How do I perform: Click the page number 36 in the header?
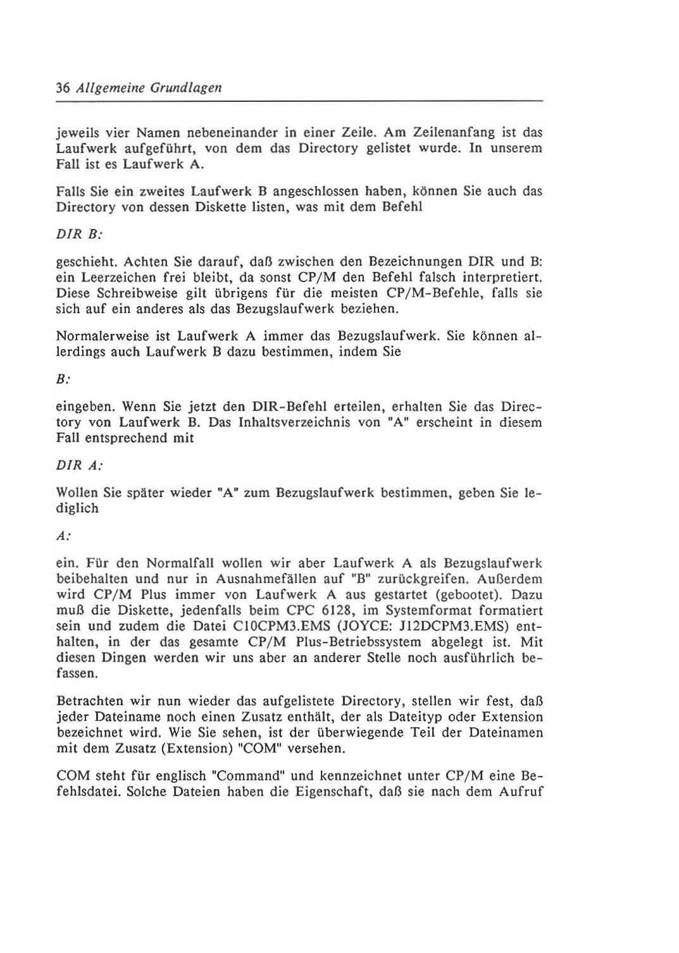click(63, 87)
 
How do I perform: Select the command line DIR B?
click(79, 234)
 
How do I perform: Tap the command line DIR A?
click(79, 465)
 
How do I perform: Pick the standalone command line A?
click(63, 536)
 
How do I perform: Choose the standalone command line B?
click(63, 379)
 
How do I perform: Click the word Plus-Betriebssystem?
click(354, 642)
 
